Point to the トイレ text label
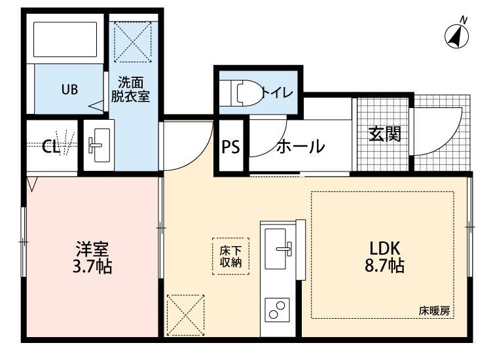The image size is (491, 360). point(277,92)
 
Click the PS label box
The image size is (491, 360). point(230,147)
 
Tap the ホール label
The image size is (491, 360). point(300,147)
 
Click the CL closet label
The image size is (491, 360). point(51,147)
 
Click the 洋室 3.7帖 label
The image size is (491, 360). point(92,257)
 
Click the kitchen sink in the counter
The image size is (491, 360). point(280,249)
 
